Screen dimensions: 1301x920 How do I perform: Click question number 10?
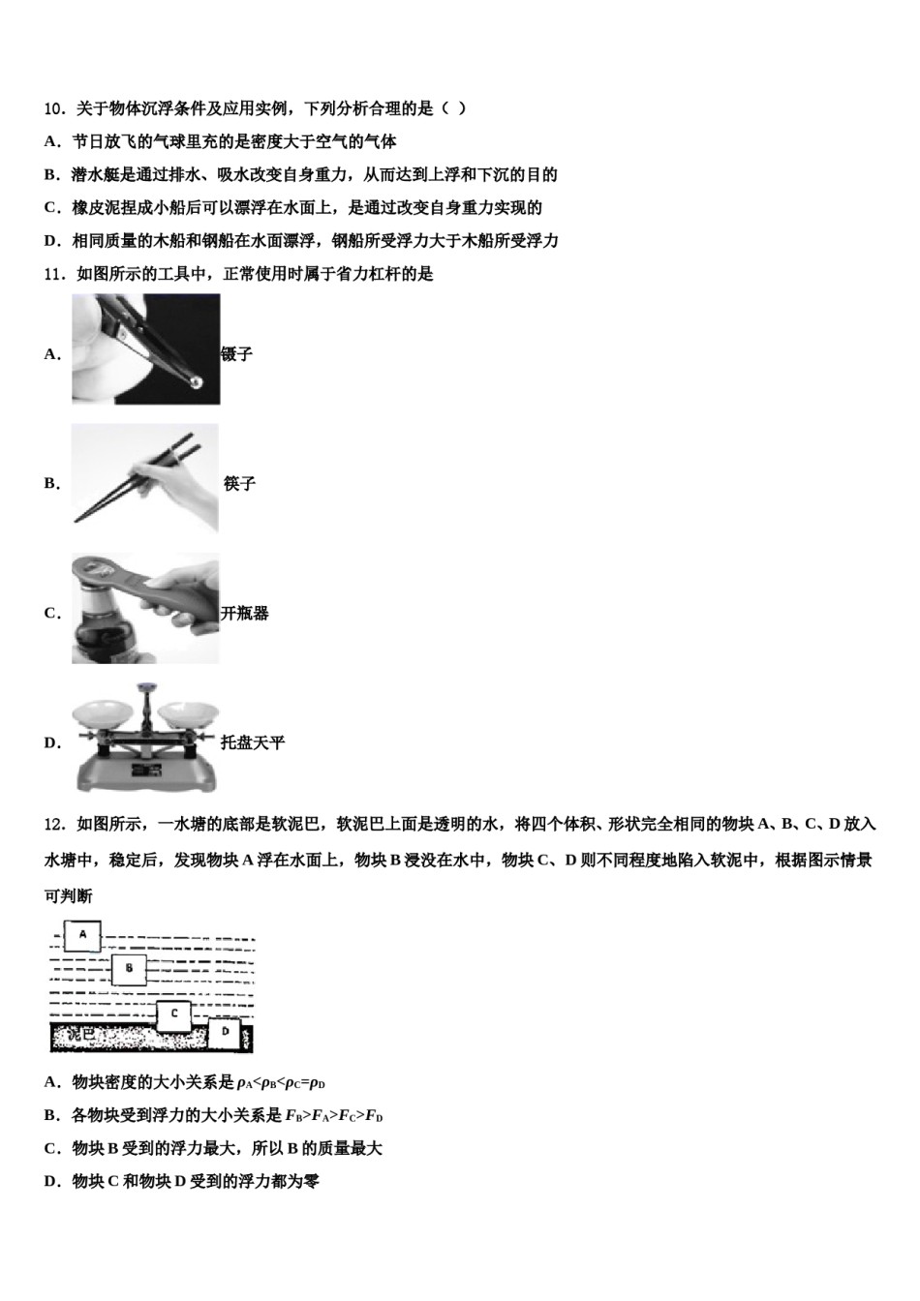(x=55, y=108)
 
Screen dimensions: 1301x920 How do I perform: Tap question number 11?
(x=55, y=274)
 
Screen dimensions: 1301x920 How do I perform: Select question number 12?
(x=55, y=824)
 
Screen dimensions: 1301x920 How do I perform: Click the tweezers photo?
(x=145, y=348)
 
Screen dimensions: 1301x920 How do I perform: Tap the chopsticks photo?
(x=145, y=478)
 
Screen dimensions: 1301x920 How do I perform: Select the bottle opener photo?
(x=145, y=608)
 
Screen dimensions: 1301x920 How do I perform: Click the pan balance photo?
(x=145, y=738)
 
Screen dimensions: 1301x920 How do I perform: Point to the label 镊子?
(x=237, y=354)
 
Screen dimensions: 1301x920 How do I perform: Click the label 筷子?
(x=239, y=484)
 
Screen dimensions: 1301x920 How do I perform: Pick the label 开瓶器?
(x=245, y=614)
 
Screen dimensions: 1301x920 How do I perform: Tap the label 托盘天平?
(x=253, y=743)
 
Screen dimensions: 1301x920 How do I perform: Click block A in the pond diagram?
(x=82, y=935)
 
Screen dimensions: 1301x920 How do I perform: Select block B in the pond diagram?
(x=129, y=968)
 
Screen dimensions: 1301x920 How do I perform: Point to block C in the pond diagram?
(x=173, y=1014)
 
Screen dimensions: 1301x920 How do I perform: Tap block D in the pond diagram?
(x=225, y=1032)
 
